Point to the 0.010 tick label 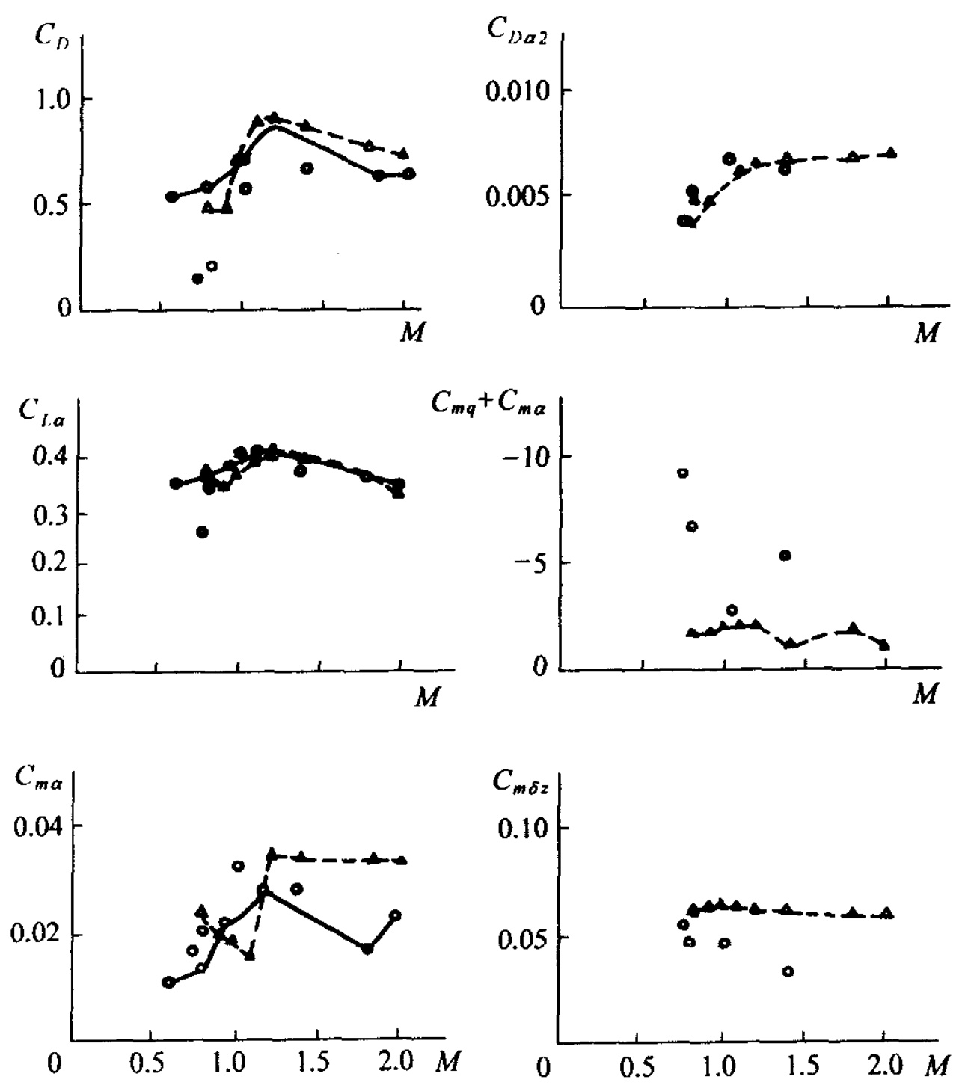(517, 92)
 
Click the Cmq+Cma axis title (488, 405)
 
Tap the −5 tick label (532, 562)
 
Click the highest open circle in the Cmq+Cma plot (682, 473)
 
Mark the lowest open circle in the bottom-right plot (788, 971)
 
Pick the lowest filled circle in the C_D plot (197, 278)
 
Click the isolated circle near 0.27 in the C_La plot (202, 532)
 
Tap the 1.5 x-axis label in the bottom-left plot (317, 1062)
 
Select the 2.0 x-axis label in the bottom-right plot (884, 1062)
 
